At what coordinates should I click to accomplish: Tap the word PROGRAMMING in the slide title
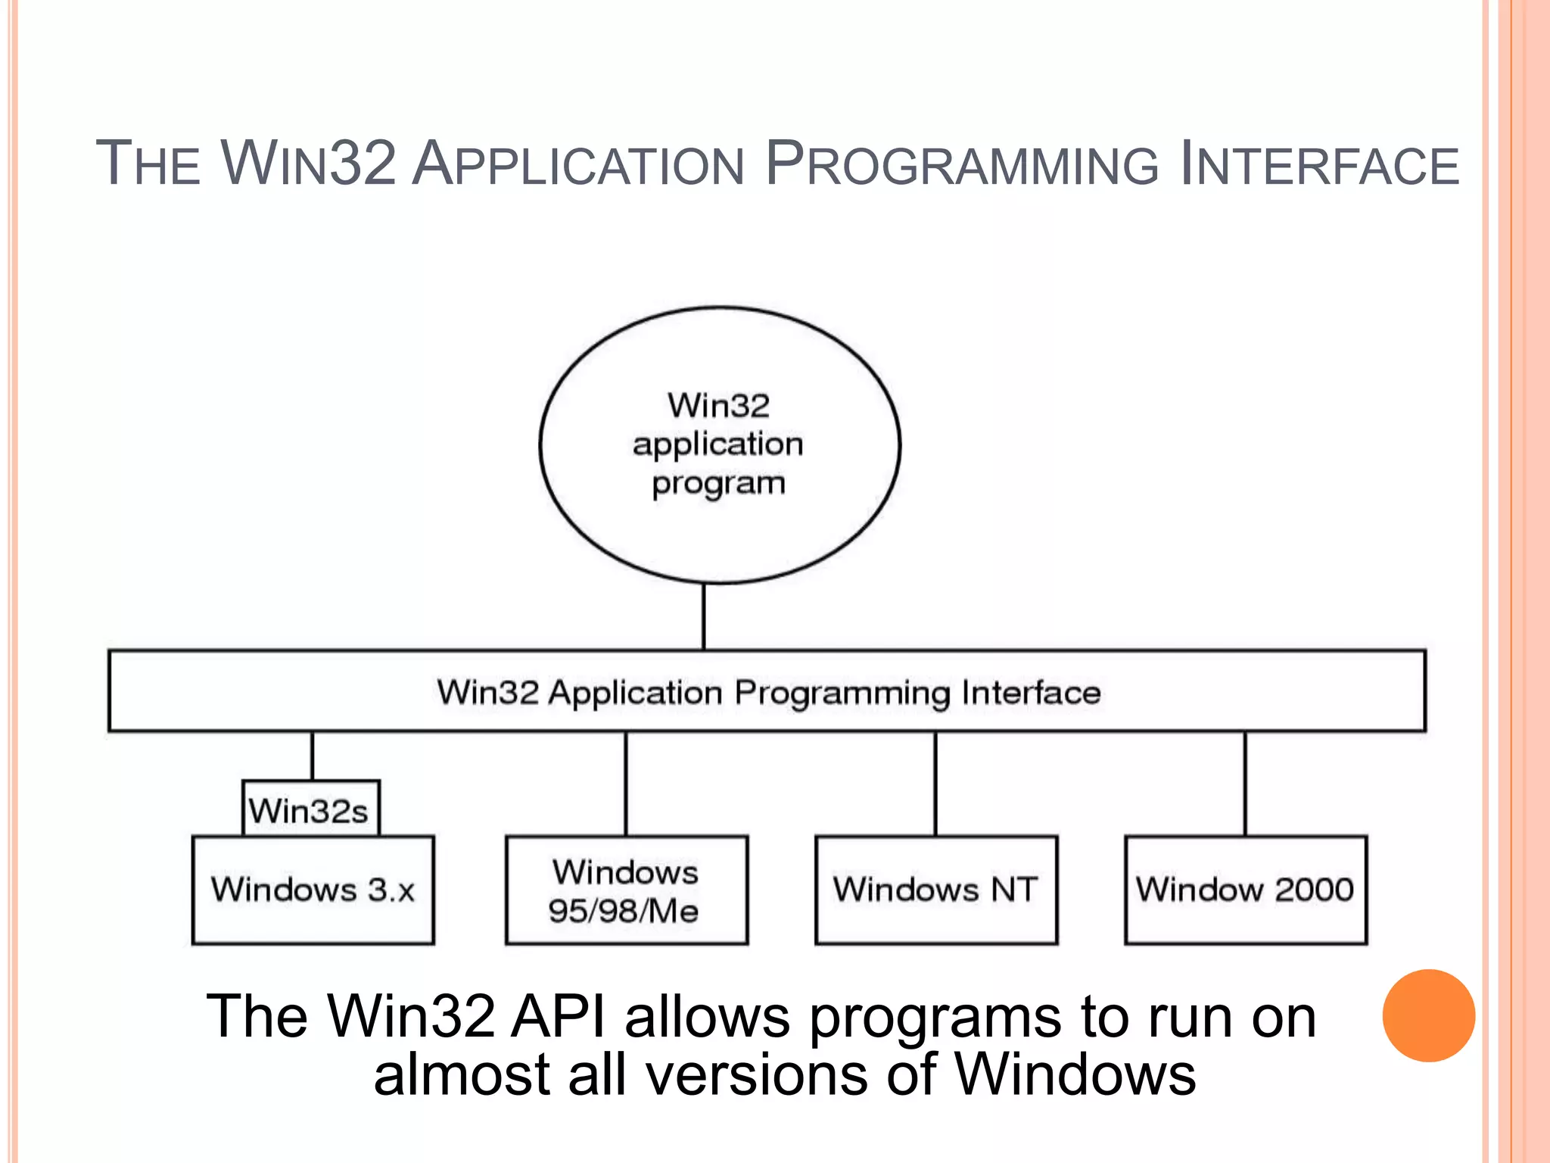[x=961, y=164]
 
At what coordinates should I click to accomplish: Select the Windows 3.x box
[x=313, y=890]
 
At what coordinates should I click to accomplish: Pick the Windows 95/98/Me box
[x=626, y=890]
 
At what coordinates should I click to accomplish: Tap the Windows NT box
[x=935, y=890]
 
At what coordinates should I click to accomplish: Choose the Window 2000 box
[x=1245, y=890]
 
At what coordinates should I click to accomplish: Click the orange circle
[x=1428, y=1015]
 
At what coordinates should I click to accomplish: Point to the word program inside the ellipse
[x=718, y=483]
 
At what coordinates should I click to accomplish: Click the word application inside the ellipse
[x=718, y=444]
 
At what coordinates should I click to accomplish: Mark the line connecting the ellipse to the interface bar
[x=704, y=617]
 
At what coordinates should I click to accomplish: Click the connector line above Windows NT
[x=935, y=784]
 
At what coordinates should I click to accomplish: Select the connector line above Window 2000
[x=1245, y=784]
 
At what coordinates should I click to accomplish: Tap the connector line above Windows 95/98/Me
[x=626, y=784]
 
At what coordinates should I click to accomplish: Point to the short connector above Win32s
[x=312, y=756]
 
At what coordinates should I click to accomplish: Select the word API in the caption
[x=559, y=1017]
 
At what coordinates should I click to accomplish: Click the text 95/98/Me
[x=623, y=911]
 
